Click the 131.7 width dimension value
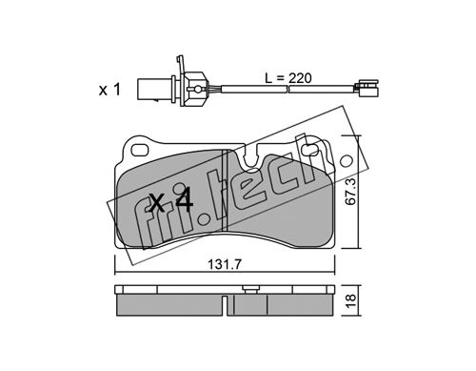pos(224,264)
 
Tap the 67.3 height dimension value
pos(351,192)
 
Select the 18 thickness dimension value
pos(351,299)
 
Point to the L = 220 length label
pos(288,78)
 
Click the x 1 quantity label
pos(109,90)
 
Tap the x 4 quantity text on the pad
pos(171,199)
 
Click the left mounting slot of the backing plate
pos(140,151)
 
